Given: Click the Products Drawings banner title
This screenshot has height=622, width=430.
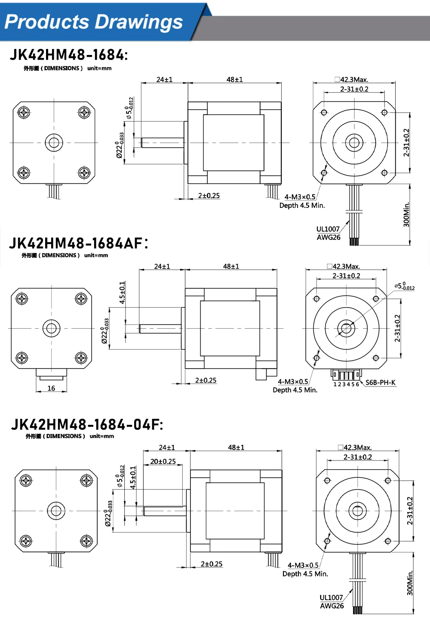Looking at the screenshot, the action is (x=94, y=22).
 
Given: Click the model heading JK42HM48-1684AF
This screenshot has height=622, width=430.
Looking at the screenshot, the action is (x=79, y=243).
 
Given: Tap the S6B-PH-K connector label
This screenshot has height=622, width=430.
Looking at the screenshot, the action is (x=380, y=382).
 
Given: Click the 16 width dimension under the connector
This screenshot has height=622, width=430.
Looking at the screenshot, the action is (x=51, y=388).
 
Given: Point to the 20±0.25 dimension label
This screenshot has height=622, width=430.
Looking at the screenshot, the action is (x=163, y=461).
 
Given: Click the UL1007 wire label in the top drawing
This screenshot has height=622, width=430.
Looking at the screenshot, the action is (x=328, y=229).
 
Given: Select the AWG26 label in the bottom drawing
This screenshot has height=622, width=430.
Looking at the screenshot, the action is (x=332, y=606).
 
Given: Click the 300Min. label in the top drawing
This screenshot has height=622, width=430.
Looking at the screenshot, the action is (x=406, y=214).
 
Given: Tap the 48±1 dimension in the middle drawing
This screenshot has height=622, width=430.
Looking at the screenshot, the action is (x=231, y=266).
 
